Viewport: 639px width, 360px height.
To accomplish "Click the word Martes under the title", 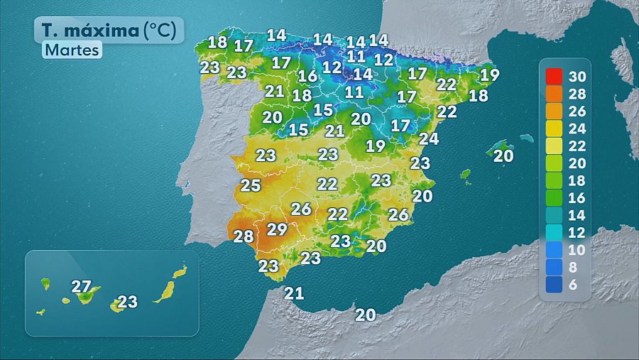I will pos(72,50).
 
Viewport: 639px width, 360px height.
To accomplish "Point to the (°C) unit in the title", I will pos(163,31).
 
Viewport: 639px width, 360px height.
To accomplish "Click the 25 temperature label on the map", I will pos(251,186).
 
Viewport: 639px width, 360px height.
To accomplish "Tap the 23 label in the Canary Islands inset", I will pos(127,302).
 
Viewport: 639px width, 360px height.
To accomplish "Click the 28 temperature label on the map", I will pos(244,236).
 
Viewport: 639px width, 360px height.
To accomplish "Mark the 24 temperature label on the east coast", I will pos(429,138).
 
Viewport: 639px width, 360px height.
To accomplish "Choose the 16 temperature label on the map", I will pos(307,76).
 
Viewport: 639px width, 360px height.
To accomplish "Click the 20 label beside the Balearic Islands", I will pos(503,156).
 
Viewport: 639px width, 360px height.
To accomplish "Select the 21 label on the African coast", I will pos(294,293).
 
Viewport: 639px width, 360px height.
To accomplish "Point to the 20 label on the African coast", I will pos(366,315).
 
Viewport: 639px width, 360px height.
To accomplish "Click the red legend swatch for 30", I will pos(554,75).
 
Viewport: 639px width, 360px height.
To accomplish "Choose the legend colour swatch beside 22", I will pos(554,146).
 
